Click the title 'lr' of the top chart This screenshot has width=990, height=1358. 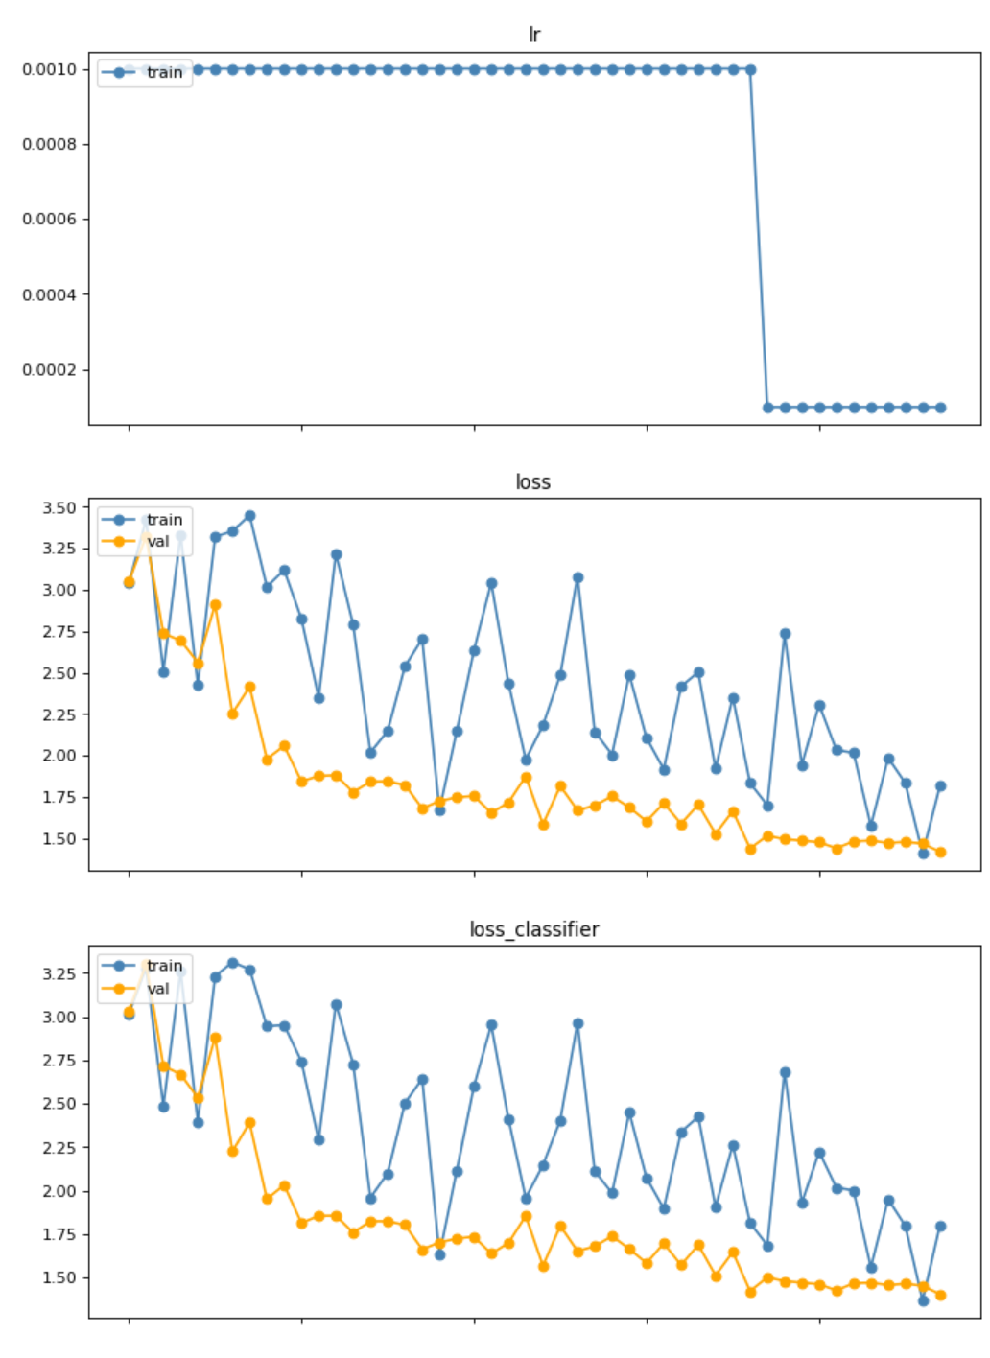pos(533,35)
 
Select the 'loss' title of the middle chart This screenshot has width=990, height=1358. pos(533,481)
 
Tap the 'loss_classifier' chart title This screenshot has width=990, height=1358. pos(533,929)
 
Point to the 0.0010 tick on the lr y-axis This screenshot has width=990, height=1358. pos(49,69)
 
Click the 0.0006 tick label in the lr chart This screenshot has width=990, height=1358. pos(49,219)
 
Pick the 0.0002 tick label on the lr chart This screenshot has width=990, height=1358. pos(49,370)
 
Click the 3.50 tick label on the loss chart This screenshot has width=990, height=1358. pos(59,507)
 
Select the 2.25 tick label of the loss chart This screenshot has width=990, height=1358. pos(59,714)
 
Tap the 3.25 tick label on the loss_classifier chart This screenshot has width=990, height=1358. pos(59,973)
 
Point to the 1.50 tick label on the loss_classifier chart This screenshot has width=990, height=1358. pos(59,1277)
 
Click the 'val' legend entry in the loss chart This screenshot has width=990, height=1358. pos(157,541)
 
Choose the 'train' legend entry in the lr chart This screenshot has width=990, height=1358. pos(164,72)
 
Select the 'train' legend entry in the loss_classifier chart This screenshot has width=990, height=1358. pos(164,966)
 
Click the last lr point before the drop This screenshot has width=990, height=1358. pos(750,69)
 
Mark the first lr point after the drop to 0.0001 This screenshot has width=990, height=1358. pos(767,408)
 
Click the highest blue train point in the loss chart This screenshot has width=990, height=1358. pos(249,516)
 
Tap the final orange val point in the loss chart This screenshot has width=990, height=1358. pos(940,852)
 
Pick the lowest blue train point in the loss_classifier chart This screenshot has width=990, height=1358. pos(923,1300)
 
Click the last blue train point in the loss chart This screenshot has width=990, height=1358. pos(940,786)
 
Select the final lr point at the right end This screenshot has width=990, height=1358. pos(940,408)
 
